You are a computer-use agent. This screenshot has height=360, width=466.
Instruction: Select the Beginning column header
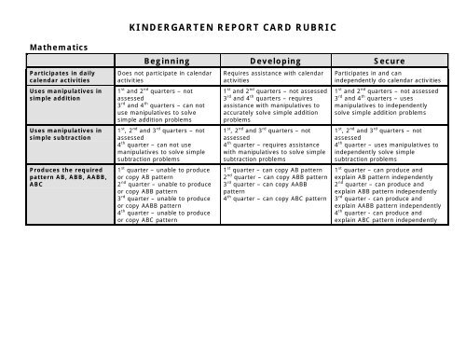tap(160, 61)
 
